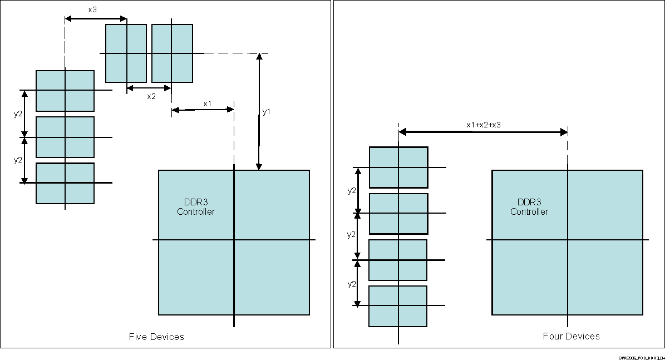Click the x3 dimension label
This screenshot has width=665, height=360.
(x=92, y=9)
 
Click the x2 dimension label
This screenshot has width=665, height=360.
(x=151, y=96)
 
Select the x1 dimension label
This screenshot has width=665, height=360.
(x=207, y=103)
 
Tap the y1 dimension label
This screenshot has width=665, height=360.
(x=267, y=112)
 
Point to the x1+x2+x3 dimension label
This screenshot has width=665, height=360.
(x=483, y=125)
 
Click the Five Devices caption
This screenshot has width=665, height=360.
(x=156, y=337)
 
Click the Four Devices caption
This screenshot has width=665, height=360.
(x=571, y=336)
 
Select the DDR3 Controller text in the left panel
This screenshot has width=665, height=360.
(x=196, y=207)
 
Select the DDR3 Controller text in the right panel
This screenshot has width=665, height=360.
(x=529, y=207)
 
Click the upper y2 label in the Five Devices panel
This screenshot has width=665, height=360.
(x=18, y=114)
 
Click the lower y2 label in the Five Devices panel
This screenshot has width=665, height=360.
(x=18, y=160)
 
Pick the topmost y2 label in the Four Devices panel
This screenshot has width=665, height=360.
(x=352, y=190)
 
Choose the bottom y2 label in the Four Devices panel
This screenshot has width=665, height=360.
(x=352, y=284)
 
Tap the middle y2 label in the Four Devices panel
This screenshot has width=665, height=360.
(x=352, y=235)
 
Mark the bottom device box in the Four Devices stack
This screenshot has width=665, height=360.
(x=398, y=306)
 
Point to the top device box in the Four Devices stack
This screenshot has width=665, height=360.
(x=398, y=167)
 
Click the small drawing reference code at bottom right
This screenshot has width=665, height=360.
(x=641, y=357)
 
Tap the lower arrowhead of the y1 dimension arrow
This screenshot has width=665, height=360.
(x=259, y=166)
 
